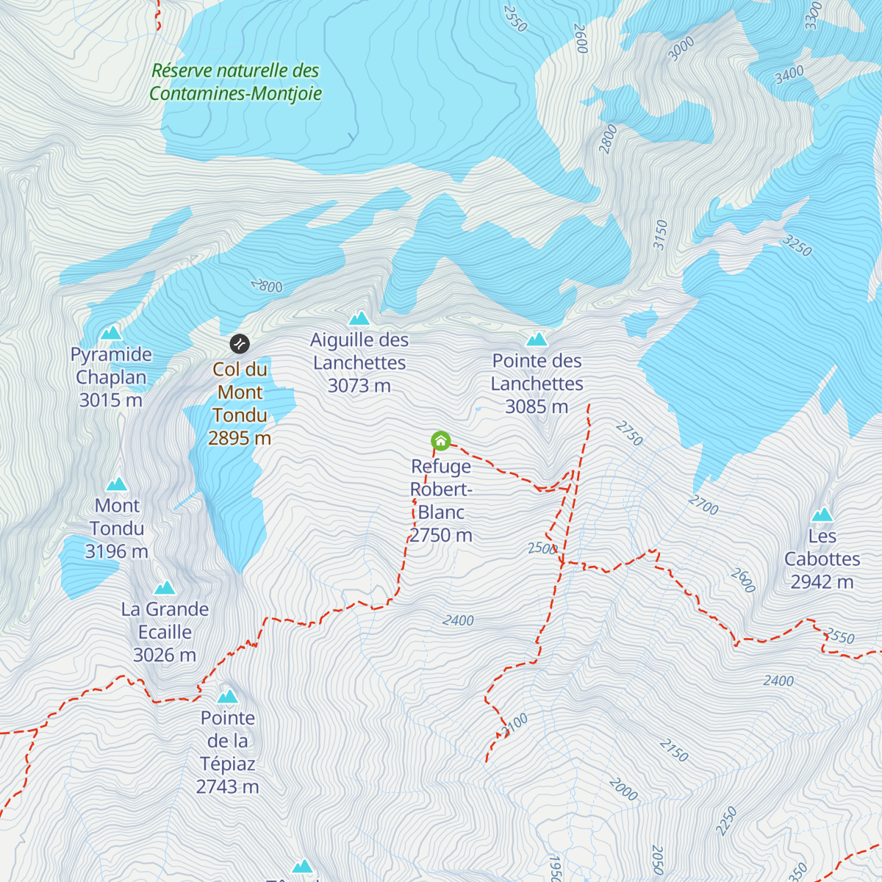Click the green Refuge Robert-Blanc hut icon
click(440, 441)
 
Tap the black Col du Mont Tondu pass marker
click(240, 343)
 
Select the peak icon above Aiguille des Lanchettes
click(359, 318)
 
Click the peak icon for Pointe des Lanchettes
click(537, 339)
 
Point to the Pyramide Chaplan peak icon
click(111, 333)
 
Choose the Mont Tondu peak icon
click(117, 484)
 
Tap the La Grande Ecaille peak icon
click(165, 587)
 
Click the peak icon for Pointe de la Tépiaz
click(228, 696)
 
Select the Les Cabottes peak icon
click(822, 514)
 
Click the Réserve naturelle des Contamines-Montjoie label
click(236, 82)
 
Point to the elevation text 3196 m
click(117, 551)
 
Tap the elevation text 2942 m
click(822, 582)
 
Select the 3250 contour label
click(797, 245)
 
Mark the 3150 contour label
click(661, 235)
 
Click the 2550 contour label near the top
click(514, 19)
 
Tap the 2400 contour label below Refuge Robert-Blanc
click(458, 621)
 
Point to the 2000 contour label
click(623, 789)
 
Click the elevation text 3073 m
click(359, 386)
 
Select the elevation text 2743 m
click(228, 787)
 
